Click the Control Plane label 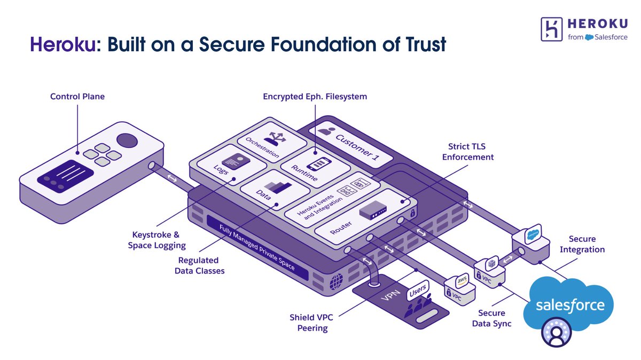tap(77, 97)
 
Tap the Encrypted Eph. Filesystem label tap(315, 97)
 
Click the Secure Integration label tap(582, 244)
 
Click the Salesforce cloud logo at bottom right tap(569, 305)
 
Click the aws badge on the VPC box tap(460, 280)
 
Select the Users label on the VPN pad tap(417, 293)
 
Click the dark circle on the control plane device tap(127, 140)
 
